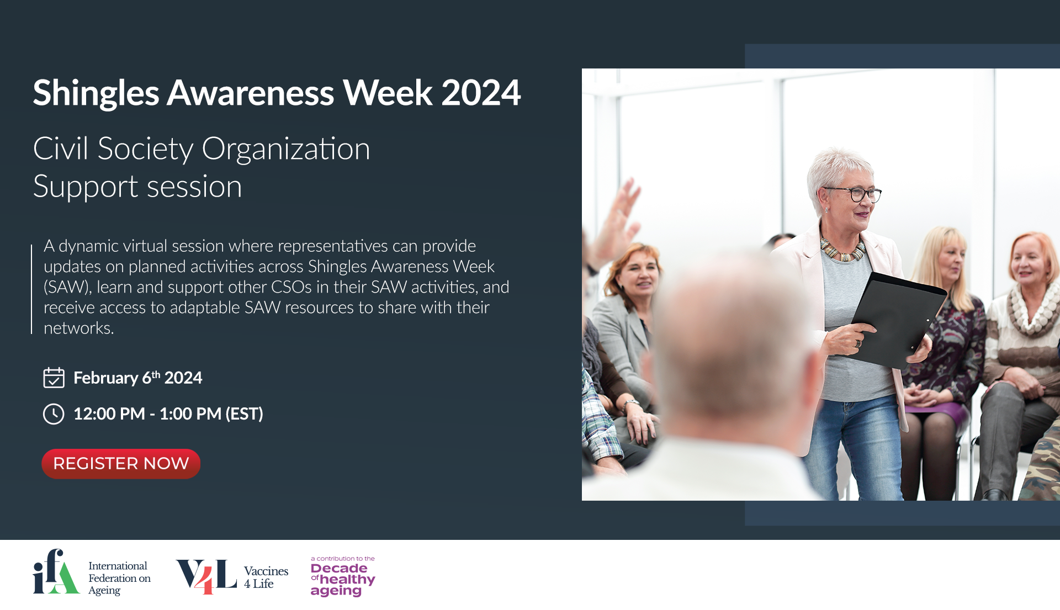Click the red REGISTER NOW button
(x=121, y=463)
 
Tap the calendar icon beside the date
(x=54, y=378)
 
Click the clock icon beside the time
(x=54, y=413)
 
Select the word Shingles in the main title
(x=96, y=93)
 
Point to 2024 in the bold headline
(x=481, y=92)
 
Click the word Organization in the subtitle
(x=286, y=149)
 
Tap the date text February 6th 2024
(x=137, y=378)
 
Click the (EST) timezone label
(x=244, y=413)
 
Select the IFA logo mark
(x=56, y=571)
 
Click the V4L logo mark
(x=206, y=576)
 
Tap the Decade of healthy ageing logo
(x=343, y=576)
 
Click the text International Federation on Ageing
(x=119, y=578)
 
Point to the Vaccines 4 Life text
(x=266, y=577)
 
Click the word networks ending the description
(x=78, y=328)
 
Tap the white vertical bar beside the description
(x=31, y=289)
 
